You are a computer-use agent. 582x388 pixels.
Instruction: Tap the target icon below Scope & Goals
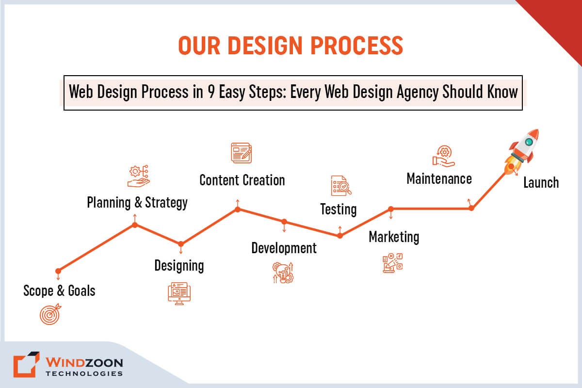(50, 314)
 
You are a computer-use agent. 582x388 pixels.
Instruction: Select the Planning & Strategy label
(137, 203)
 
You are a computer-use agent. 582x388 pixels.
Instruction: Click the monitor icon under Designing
(179, 293)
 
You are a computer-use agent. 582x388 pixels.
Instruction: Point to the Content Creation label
(242, 180)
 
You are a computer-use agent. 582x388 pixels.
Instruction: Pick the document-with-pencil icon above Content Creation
(242, 153)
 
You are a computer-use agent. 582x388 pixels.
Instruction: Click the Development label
(284, 248)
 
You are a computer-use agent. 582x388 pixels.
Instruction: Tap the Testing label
(339, 210)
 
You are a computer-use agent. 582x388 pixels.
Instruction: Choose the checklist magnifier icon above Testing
(341, 186)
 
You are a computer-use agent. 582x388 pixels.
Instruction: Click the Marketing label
(394, 237)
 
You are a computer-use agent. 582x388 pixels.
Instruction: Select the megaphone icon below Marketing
(392, 263)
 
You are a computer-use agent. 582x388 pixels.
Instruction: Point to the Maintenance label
(439, 179)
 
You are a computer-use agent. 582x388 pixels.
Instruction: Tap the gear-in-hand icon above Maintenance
(443, 156)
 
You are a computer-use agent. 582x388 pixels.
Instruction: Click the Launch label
(541, 182)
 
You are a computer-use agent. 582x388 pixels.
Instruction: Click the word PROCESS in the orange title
(356, 46)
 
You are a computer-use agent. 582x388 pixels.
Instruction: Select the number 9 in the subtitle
(211, 92)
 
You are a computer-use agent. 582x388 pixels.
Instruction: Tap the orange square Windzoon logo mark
(26, 364)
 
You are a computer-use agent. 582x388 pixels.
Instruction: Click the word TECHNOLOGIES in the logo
(84, 374)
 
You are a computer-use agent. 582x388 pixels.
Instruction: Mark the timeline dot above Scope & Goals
(58, 271)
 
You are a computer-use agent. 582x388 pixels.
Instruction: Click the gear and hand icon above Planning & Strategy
(139, 176)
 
